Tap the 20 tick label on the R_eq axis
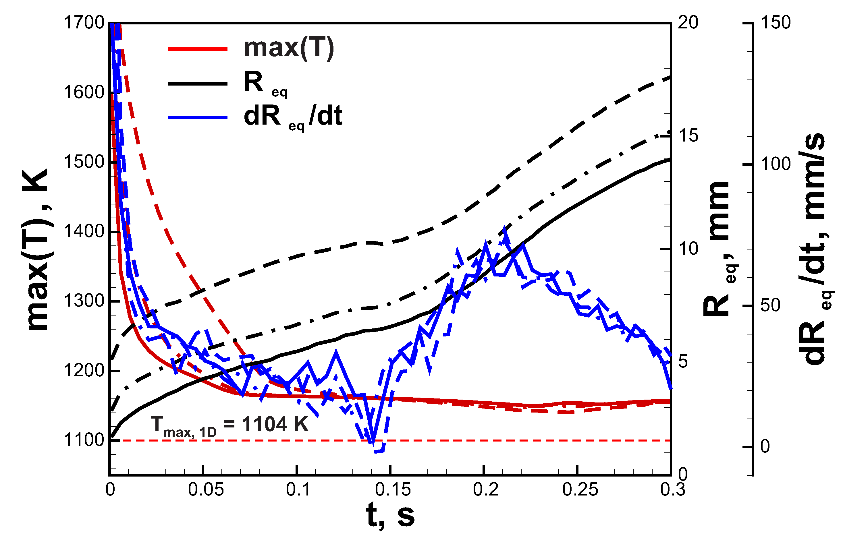[x=688, y=23]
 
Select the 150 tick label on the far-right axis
[x=776, y=23]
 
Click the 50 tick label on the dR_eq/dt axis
[x=770, y=305]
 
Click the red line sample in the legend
[x=198, y=49]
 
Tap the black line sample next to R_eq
[x=198, y=84]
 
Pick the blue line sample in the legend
[x=198, y=117]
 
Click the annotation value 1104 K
[x=275, y=425]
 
